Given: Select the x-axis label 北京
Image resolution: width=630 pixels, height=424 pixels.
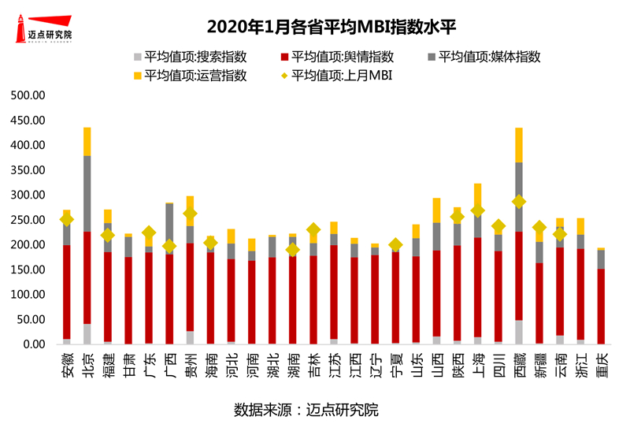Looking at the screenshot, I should (87, 365).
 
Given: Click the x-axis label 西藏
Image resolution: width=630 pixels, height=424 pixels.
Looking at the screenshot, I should (519, 365).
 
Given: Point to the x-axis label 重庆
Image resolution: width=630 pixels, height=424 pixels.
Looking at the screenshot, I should (601, 365).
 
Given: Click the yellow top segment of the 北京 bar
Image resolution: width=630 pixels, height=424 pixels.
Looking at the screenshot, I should (87, 142).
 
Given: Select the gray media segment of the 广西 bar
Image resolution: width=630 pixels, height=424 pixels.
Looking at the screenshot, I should (169, 229).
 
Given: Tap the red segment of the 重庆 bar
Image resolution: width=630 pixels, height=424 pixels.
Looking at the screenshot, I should (601, 307).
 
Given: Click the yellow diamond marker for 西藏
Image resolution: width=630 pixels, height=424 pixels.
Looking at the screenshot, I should (519, 202).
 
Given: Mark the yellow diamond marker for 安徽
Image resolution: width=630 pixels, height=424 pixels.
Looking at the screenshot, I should (67, 220).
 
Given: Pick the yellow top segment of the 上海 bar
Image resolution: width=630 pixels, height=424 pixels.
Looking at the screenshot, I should (478, 195).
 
